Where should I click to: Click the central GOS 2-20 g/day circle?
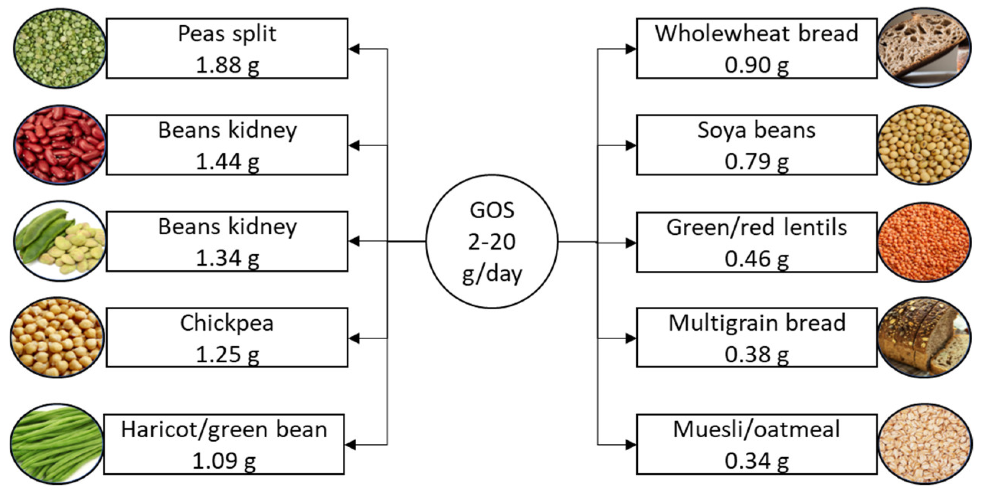click(492, 242)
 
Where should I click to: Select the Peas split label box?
click(227, 49)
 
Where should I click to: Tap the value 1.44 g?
click(228, 161)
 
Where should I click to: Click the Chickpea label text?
click(227, 323)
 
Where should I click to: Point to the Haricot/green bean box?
click(224, 444)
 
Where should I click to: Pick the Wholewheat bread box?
click(757, 49)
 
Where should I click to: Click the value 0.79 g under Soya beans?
click(757, 161)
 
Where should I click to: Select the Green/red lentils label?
click(757, 227)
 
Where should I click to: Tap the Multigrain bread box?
click(757, 338)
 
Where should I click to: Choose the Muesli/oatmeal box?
click(757, 444)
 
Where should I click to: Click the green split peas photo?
click(59, 49)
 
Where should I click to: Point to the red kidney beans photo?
click(59, 145)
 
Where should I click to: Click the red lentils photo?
click(924, 242)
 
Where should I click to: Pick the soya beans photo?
click(924, 145)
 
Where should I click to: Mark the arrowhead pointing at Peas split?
click(354, 49)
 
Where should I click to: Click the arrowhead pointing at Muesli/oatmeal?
click(631, 445)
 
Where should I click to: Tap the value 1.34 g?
click(228, 258)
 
